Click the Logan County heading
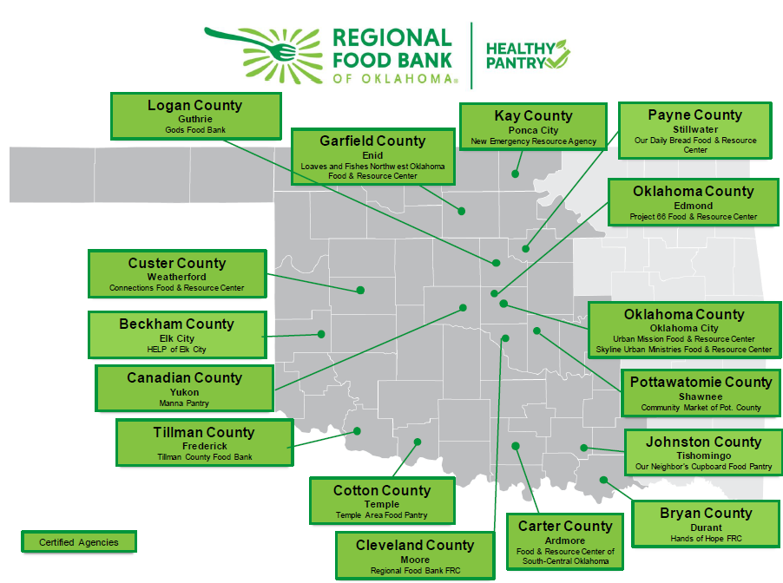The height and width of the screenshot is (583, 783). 194,105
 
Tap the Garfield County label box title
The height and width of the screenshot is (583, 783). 372,141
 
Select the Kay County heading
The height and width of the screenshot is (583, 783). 533,115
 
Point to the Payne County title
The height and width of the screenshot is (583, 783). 694,115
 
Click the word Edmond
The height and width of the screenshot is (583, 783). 693,206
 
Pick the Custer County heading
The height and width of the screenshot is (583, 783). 176,263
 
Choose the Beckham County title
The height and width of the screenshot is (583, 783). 176,324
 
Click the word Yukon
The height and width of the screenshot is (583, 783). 184,392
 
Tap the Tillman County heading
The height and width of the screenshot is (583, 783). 204,432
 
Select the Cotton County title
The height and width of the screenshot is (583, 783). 381,490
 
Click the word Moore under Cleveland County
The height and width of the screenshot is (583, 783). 415,560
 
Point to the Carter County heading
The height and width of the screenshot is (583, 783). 564,526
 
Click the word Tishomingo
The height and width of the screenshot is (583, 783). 703,455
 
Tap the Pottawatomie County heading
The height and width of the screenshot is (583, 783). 701,382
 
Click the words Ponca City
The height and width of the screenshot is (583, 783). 533,130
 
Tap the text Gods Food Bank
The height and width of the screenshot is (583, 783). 194,130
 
